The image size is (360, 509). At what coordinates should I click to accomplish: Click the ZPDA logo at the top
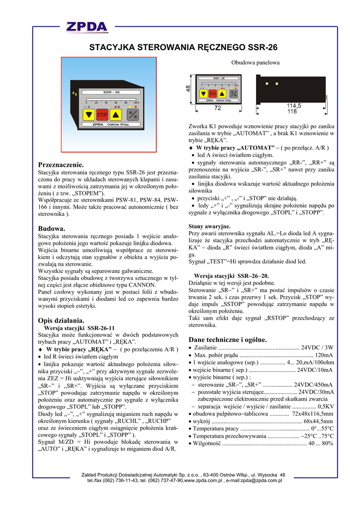(88, 27)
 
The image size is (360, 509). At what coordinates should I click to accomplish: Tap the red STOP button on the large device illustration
(102, 115)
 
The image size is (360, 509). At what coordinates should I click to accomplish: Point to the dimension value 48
(188, 88)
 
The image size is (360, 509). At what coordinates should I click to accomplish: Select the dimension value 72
(217, 108)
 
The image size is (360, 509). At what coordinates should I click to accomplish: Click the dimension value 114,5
(294, 106)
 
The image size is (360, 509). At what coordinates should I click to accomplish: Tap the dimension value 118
(292, 111)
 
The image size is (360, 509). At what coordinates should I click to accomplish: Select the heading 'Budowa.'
(52, 228)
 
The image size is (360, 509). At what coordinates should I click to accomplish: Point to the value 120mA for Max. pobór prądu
(324, 355)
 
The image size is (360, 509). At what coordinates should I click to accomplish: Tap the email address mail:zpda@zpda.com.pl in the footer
(254, 481)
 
